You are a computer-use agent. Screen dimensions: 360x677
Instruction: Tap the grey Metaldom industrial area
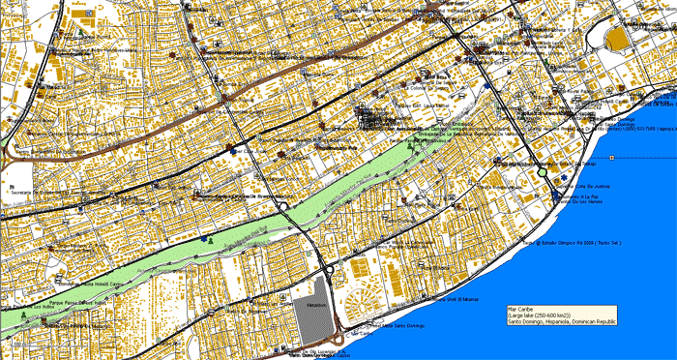point(310,305)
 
